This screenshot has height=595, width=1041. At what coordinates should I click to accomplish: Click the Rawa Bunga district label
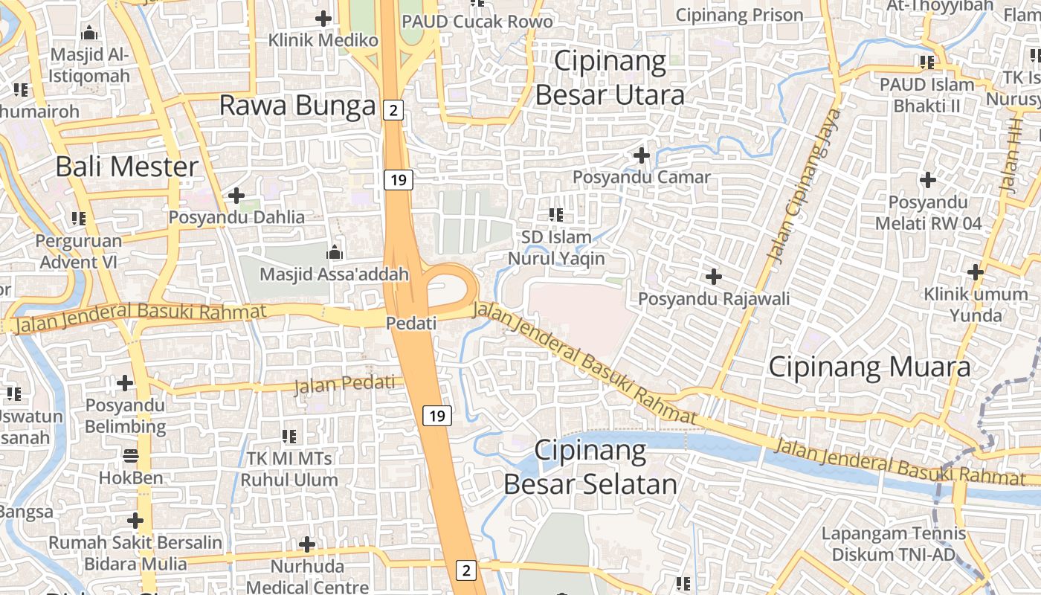point(297,106)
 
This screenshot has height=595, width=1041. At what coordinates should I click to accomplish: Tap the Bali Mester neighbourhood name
point(127,167)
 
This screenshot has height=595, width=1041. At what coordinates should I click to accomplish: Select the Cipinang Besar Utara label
point(610,78)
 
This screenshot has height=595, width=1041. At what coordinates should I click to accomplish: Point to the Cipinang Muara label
point(869,367)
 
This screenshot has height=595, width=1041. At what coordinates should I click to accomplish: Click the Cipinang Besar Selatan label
point(590,468)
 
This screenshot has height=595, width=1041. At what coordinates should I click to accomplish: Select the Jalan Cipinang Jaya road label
point(805,185)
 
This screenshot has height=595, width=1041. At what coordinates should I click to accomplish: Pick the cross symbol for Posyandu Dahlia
point(236,196)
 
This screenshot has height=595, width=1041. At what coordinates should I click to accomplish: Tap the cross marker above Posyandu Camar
point(641,155)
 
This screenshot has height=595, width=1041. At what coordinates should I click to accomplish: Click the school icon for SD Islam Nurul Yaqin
point(555,215)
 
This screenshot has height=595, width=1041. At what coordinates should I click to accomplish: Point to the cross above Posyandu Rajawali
point(714,277)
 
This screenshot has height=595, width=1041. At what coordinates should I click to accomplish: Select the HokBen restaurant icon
point(131,455)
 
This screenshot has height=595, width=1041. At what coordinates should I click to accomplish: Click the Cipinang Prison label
point(739,15)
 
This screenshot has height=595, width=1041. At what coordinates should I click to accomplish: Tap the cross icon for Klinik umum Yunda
point(976,272)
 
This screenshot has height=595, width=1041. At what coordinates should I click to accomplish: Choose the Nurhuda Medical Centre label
point(307,577)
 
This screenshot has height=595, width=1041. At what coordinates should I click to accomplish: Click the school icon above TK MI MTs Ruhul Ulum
point(289,436)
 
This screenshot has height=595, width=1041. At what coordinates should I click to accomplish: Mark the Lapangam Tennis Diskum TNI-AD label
point(893,544)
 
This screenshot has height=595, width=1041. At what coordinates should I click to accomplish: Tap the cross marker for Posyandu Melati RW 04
point(927,179)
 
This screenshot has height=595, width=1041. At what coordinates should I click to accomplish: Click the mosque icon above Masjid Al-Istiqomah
point(90,33)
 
